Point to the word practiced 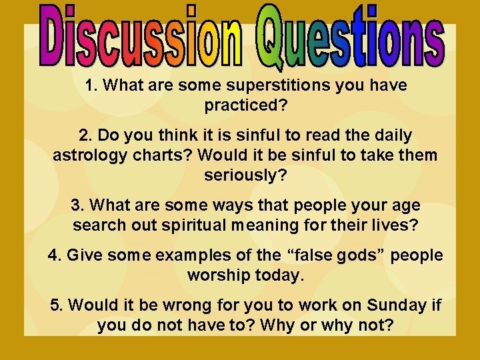coord(239,105)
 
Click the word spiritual coord(199,225)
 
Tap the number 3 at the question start coord(93,206)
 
